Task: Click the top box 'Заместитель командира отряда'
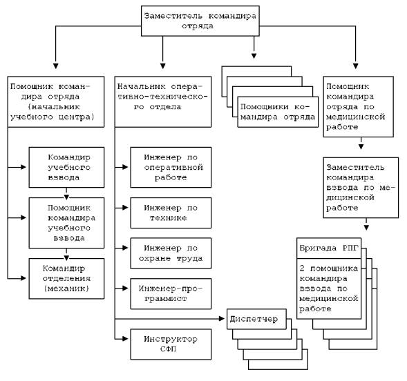click(200, 21)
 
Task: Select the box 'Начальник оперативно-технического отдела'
click(163, 101)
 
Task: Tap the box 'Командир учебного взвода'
click(67, 167)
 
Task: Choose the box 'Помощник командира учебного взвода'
click(67, 223)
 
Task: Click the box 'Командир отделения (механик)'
click(67, 278)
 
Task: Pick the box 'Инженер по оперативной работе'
click(171, 167)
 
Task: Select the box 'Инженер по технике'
click(171, 213)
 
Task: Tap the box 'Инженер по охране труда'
click(171, 253)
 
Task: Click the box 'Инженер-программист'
click(171, 293)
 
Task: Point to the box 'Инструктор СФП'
click(171, 344)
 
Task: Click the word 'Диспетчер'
click(254, 319)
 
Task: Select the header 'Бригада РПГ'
click(329, 248)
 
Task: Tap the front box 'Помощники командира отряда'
click(278, 112)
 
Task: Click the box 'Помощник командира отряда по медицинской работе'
click(358, 106)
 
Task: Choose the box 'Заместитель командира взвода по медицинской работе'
click(361, 187)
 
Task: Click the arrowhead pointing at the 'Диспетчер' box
click(222, 319)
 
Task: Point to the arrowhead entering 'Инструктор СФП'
click(125, 339)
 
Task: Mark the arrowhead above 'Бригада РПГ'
click(366, 228)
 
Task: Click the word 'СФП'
click(168, 349)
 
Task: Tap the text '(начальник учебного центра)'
click(53, 112)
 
